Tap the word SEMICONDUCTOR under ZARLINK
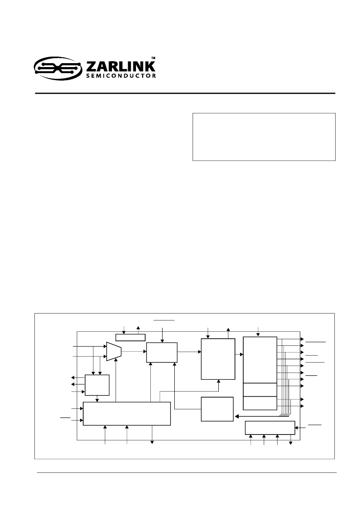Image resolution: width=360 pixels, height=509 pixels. pyautogui.click(x=121, y=76)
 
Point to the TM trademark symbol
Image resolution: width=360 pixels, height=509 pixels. pyautogui.click(x=154, y=58)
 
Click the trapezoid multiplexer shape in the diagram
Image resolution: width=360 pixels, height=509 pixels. pyautogui.click(x=114, y=351)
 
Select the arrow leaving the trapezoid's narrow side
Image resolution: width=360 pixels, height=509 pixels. pyautogui.click(x=134, y=351)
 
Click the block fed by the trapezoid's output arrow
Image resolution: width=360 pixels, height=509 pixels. pyautogui.click(x=162, y=352)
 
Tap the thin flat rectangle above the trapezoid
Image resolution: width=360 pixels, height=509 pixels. pyautogui.click(x=130, y=337)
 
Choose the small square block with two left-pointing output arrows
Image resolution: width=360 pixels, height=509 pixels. pyautogui.click(x=97, y=385)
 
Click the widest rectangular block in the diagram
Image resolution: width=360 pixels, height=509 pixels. pyautogui.click(x=127, y=414)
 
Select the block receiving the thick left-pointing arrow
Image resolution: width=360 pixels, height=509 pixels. pyautogui.click(x=217, y=409)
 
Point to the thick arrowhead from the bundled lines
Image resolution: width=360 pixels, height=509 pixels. pyautogui.click(x=236, y=416)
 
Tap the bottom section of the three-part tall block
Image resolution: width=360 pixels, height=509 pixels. pyautogui.click(x=260, y=403)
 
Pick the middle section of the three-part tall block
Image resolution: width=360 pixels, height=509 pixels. pyautogui.click(x=260, y=390)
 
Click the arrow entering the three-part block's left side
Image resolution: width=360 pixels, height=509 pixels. pyautogui.click(x=239, y=354)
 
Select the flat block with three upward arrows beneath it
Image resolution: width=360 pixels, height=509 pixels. pyautogui.click(x=270, y=428)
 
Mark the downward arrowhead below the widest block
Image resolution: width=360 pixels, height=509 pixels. pyautogui.click(x=152, y=442)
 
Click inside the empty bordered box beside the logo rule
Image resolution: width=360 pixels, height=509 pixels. pyautogui.click(x=264, y=137)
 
